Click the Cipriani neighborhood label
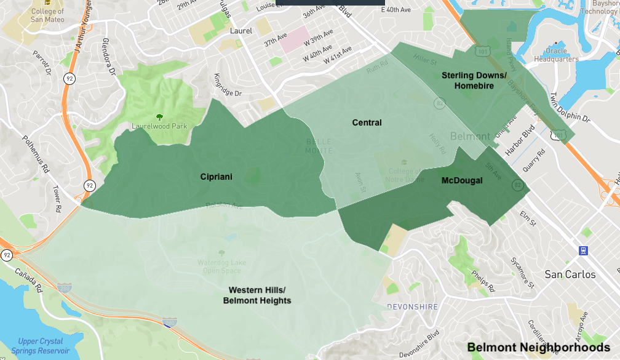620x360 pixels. click(216, 177)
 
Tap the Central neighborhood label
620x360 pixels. click(367, 122)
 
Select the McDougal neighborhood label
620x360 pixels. click(462, 180)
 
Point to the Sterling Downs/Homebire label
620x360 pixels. click(474, 81)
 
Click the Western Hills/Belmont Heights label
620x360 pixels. click(257, 295)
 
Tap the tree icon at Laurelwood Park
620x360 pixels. click(160, 116)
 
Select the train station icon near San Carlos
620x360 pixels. click(582, 250)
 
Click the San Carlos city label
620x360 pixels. click(570, 274)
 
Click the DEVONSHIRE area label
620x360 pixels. click(412, 306)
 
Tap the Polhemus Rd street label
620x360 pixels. click(36, 154)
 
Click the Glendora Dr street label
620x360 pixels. click(110, 62)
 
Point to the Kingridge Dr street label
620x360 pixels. click(228, 88)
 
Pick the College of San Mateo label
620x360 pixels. click(47, 15)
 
